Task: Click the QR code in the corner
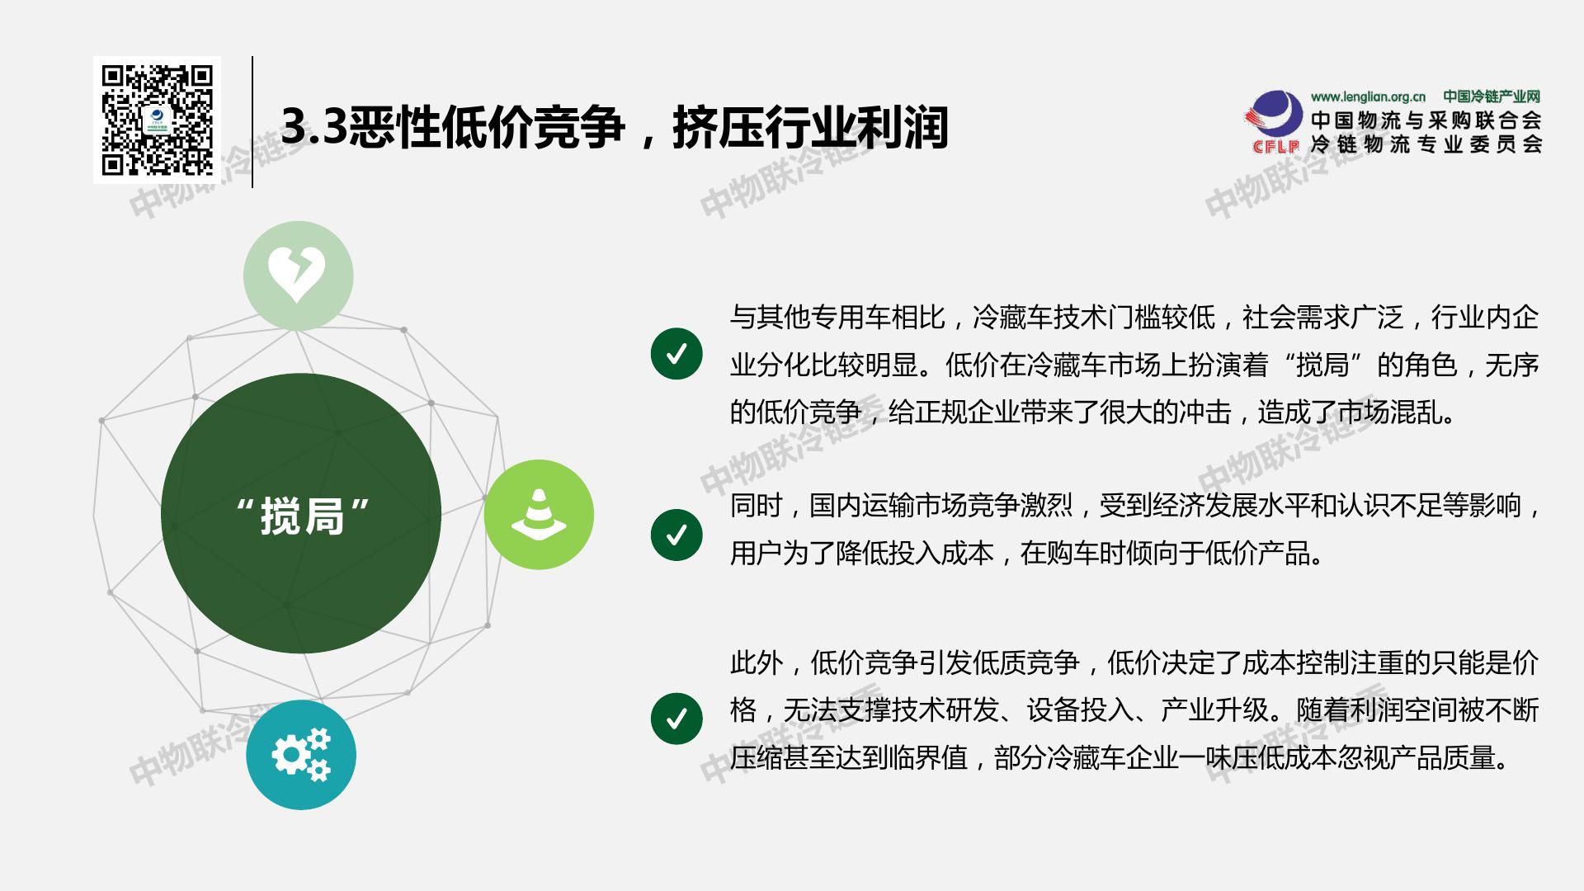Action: coord(157,120)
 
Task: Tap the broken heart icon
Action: coord(297,275)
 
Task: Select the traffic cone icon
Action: coord(539,513)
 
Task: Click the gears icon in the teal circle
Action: coord(300,754)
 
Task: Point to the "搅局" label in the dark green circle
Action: coord(301,516)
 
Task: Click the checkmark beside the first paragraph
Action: coord(676,354)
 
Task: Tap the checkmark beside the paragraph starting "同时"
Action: coord(676,535)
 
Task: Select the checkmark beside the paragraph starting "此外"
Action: coord(676,719)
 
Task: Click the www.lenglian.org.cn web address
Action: coord(1368,97)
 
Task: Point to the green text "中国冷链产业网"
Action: coord(1492,97)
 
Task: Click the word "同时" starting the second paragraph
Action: coord(756,505)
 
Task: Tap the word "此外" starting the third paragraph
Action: coord(756,662)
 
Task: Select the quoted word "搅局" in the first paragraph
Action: coord(1322,365)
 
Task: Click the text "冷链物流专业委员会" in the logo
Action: coord(1426,144)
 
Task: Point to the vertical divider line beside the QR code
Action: coord(252,122)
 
